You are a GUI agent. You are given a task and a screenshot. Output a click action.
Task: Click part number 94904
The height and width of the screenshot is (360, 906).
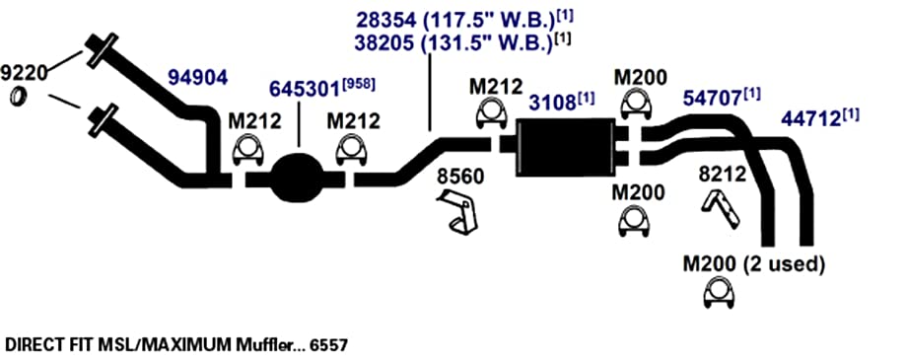coord(197,78)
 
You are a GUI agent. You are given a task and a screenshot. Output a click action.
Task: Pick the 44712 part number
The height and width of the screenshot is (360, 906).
coord(819,118)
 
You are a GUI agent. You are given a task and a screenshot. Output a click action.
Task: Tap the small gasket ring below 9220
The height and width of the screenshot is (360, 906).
coord(19,97)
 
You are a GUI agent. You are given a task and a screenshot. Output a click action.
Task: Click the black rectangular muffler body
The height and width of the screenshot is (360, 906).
coord(565,147)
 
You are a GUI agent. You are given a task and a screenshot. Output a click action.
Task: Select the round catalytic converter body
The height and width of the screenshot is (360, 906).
coord(298,178)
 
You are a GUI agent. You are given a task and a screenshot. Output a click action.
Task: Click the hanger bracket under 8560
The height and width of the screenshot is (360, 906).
coord(458,212)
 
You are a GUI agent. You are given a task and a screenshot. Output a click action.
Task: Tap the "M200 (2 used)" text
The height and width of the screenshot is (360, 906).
coord(753,264)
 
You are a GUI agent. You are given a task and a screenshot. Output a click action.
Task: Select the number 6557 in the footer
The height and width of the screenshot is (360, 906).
coord(328,345)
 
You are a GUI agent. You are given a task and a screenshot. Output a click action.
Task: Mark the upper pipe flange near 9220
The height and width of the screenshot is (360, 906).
coord(102,49)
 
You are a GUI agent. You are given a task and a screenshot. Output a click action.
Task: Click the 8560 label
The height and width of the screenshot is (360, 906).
coord(460,177)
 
